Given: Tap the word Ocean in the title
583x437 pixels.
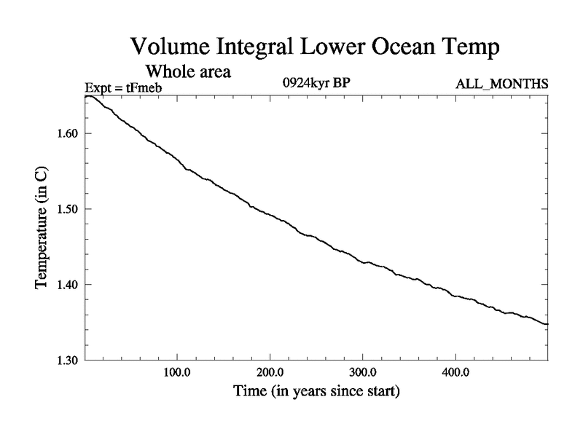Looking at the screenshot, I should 397,47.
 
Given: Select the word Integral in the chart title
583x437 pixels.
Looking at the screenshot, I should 263,48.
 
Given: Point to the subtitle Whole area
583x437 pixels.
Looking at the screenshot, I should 189,71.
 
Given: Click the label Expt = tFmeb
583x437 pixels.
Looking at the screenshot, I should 122,89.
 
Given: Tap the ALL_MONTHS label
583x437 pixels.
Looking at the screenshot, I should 502,84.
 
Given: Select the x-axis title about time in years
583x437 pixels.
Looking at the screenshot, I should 316,391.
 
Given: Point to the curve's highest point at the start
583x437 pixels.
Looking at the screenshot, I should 87,96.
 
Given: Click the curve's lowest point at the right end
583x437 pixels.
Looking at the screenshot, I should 547,324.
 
